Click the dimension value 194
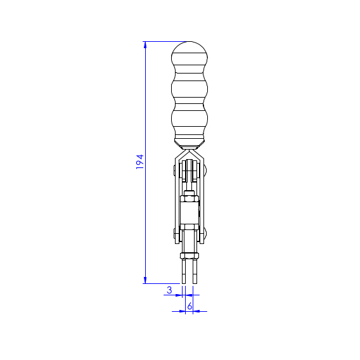point(139,162)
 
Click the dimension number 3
point(169,290)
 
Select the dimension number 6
point(190,306)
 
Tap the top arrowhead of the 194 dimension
point(145,45)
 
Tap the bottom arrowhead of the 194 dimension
point(145,280)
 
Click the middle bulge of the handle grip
point(190,89)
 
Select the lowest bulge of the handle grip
point(190,119)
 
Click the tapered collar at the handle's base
point(190,144)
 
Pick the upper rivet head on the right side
point(205,170)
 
